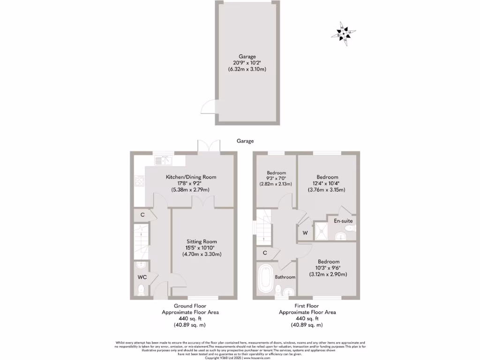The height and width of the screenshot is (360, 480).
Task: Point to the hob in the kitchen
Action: click(x=139, y=180)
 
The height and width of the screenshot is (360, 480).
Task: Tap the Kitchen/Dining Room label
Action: click(x=191, y=177)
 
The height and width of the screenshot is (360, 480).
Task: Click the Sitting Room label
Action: click(x=202, y=241)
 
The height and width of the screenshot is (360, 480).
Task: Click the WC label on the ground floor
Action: click(x=142, y=277)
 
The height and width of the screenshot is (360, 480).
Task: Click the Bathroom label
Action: click(x=285, y=277)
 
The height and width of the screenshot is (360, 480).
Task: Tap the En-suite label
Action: click(x=343, y=220)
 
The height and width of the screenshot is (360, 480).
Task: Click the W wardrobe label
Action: click(x=305, y=233)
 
